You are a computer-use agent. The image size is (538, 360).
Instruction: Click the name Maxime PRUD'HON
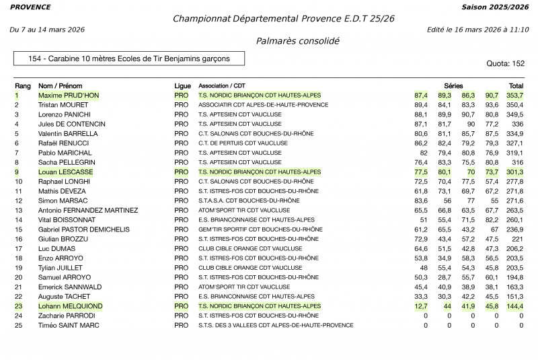coord(69,96)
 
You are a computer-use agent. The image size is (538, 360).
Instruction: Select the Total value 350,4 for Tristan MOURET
coord(514,105)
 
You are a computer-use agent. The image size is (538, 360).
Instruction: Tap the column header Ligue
coord(182,86)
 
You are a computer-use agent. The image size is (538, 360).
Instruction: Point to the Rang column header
coord(23,86)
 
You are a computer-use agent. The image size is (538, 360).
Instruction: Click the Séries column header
coord(453,86)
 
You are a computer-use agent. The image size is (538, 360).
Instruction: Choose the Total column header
coord(516,86)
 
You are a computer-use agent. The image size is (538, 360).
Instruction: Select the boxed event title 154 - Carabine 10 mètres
coord(128,59)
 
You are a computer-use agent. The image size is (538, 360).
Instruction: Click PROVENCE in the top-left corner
coord(30,7)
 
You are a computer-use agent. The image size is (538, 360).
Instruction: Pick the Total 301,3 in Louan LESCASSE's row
coord(514,172)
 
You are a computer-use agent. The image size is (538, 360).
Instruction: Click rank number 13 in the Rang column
coord(19,211)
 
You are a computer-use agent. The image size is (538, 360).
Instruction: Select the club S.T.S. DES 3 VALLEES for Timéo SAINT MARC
coord(276,326)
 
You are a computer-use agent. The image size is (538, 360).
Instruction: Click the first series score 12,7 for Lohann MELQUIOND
coord(421,306)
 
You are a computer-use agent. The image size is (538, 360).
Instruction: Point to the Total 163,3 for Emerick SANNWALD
coord(514,287)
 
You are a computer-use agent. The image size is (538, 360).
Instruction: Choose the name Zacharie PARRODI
coord(67,316)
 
